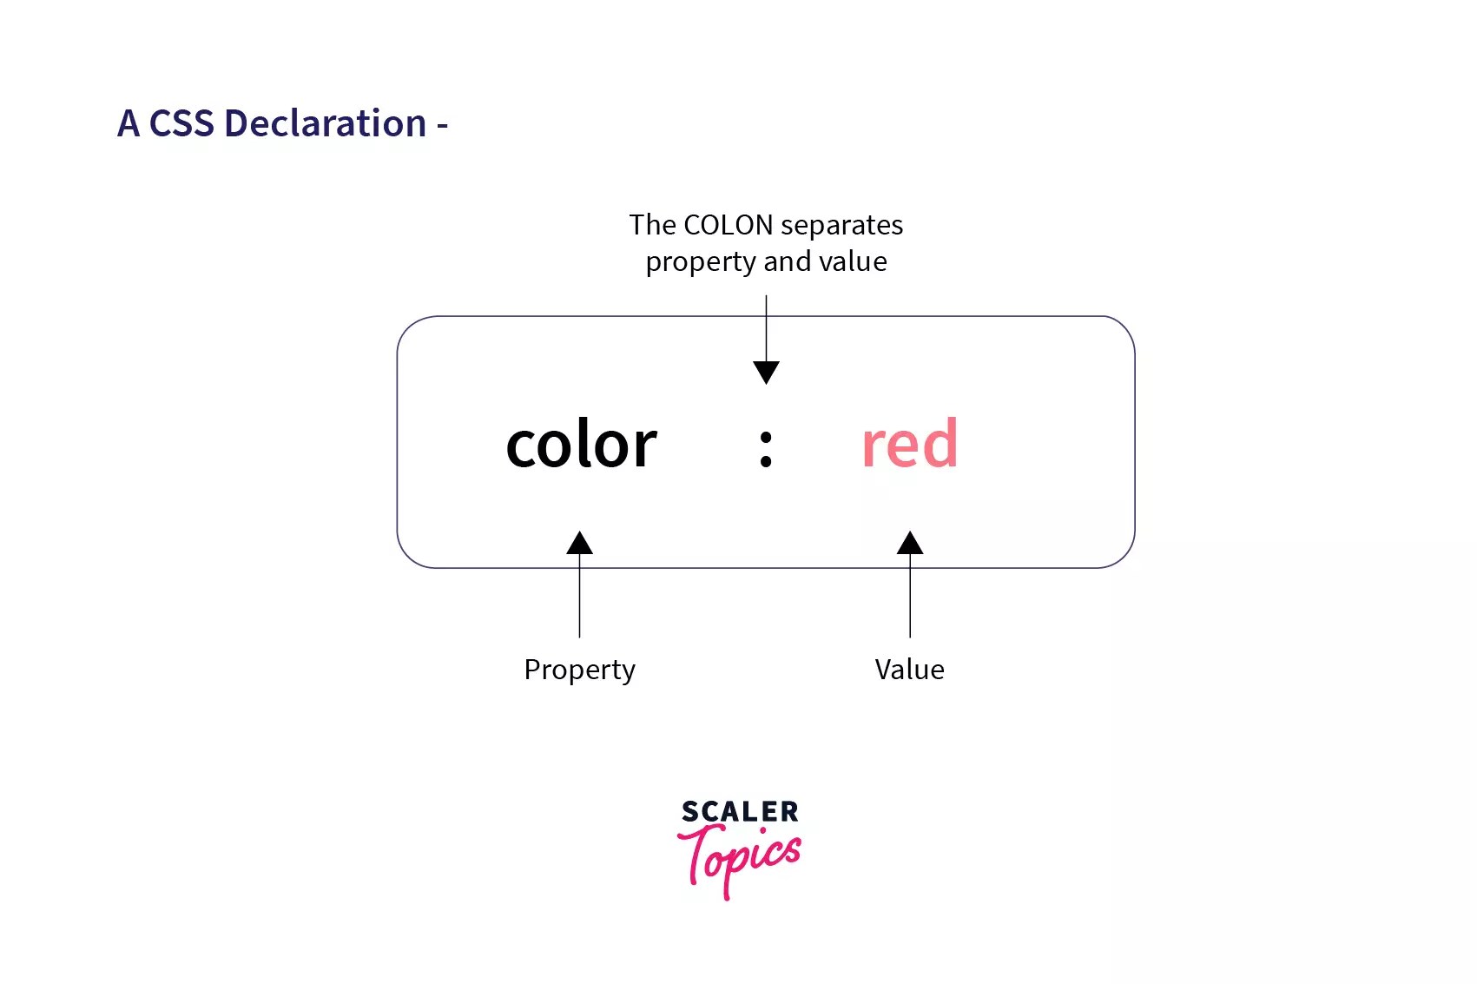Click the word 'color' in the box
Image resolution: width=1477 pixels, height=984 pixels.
coord(581,445)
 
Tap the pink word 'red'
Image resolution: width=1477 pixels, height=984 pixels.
coord(909,445)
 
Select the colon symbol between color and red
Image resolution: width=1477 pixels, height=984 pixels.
coord(765,449)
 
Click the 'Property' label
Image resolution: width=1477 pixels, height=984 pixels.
coord(579,670)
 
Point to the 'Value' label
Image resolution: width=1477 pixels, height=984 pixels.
coord(909,670)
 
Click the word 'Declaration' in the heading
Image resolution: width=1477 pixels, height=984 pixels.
coord(326,123)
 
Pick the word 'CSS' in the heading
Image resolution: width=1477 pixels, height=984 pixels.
coord(181,123)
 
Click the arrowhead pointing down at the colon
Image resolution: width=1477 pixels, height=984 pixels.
coord(766,372)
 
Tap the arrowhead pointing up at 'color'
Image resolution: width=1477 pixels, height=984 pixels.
coord(579,544)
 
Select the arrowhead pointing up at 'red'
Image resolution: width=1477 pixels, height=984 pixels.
coord(910,544)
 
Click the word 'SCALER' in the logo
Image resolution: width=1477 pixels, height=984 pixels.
coord(740,811)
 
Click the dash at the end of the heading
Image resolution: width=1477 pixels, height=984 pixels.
coord(443,127)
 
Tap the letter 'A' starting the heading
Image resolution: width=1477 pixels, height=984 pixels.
coord(129,123)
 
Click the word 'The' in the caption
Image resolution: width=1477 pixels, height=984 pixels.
coord(652,225)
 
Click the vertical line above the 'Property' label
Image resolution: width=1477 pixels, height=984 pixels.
coord(579,599)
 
